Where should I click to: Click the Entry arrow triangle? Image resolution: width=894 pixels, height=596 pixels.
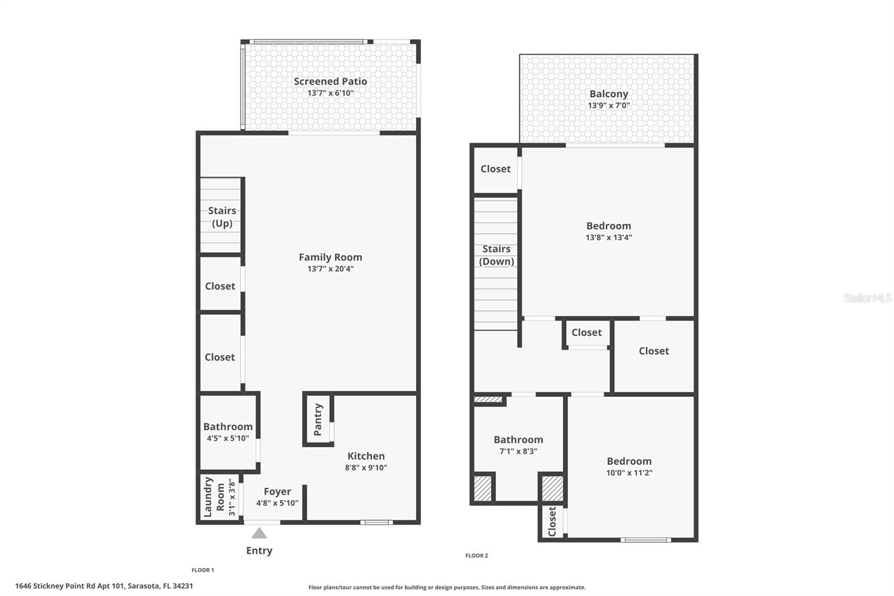(259, 533)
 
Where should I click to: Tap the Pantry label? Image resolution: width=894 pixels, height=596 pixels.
(318, 419)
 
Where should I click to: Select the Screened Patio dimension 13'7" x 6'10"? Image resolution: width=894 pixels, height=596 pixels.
(330, 93)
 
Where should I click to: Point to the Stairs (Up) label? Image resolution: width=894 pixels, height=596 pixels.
(222, 217)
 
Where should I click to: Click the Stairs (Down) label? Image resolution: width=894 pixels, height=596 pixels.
(496, 255)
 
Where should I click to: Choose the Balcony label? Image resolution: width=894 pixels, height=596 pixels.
(608, 94)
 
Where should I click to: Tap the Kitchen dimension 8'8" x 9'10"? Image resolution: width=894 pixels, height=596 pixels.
(366, 468)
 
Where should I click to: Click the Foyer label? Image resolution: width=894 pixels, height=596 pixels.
(277, 491)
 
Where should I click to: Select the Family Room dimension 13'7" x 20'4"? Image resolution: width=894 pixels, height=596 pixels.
(330, 269)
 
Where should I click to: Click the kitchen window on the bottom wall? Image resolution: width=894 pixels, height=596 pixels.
(376, 523)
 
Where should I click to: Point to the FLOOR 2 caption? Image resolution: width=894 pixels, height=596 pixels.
(477, 556)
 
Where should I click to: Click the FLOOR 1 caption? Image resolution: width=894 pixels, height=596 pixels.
(203, 570)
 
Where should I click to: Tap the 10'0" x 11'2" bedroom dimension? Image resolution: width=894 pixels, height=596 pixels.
(629, 473)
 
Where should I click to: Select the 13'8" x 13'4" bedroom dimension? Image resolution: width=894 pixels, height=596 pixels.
(608, 238)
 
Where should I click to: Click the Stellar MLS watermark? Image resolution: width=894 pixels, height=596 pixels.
(867, 299)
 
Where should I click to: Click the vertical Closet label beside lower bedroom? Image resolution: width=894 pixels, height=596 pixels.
(552, 522)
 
